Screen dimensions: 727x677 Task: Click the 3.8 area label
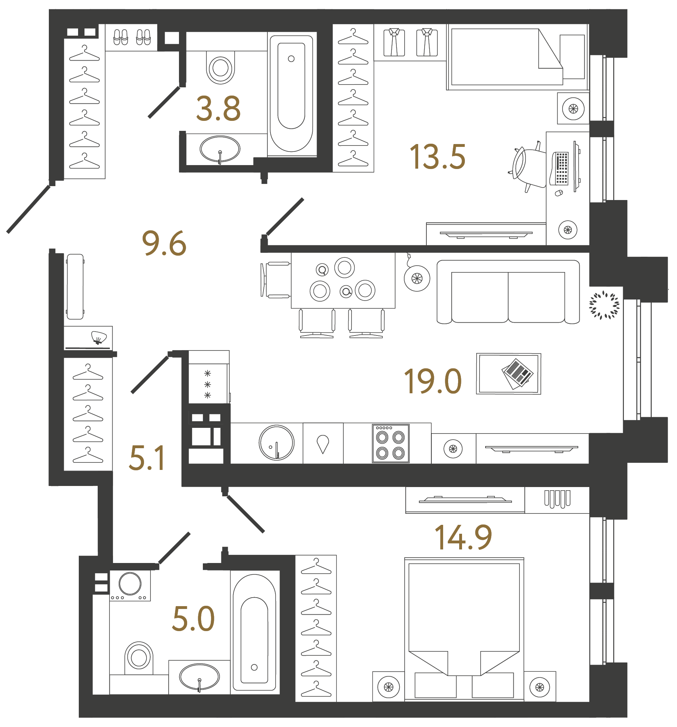[218, 109]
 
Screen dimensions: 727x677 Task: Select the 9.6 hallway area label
[164, 243]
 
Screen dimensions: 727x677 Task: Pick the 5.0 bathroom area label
[193, 619]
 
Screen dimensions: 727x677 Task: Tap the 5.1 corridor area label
[147, 458]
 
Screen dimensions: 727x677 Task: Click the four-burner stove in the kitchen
[390, 443]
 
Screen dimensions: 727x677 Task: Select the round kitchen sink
[276, 442]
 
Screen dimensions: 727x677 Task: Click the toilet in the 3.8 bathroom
[220, 68]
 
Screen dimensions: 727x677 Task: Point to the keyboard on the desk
[561, 168]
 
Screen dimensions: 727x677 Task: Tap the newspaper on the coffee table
[517, 373]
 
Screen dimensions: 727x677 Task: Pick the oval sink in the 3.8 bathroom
[219, 149]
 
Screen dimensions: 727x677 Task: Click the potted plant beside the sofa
[604, 305]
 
